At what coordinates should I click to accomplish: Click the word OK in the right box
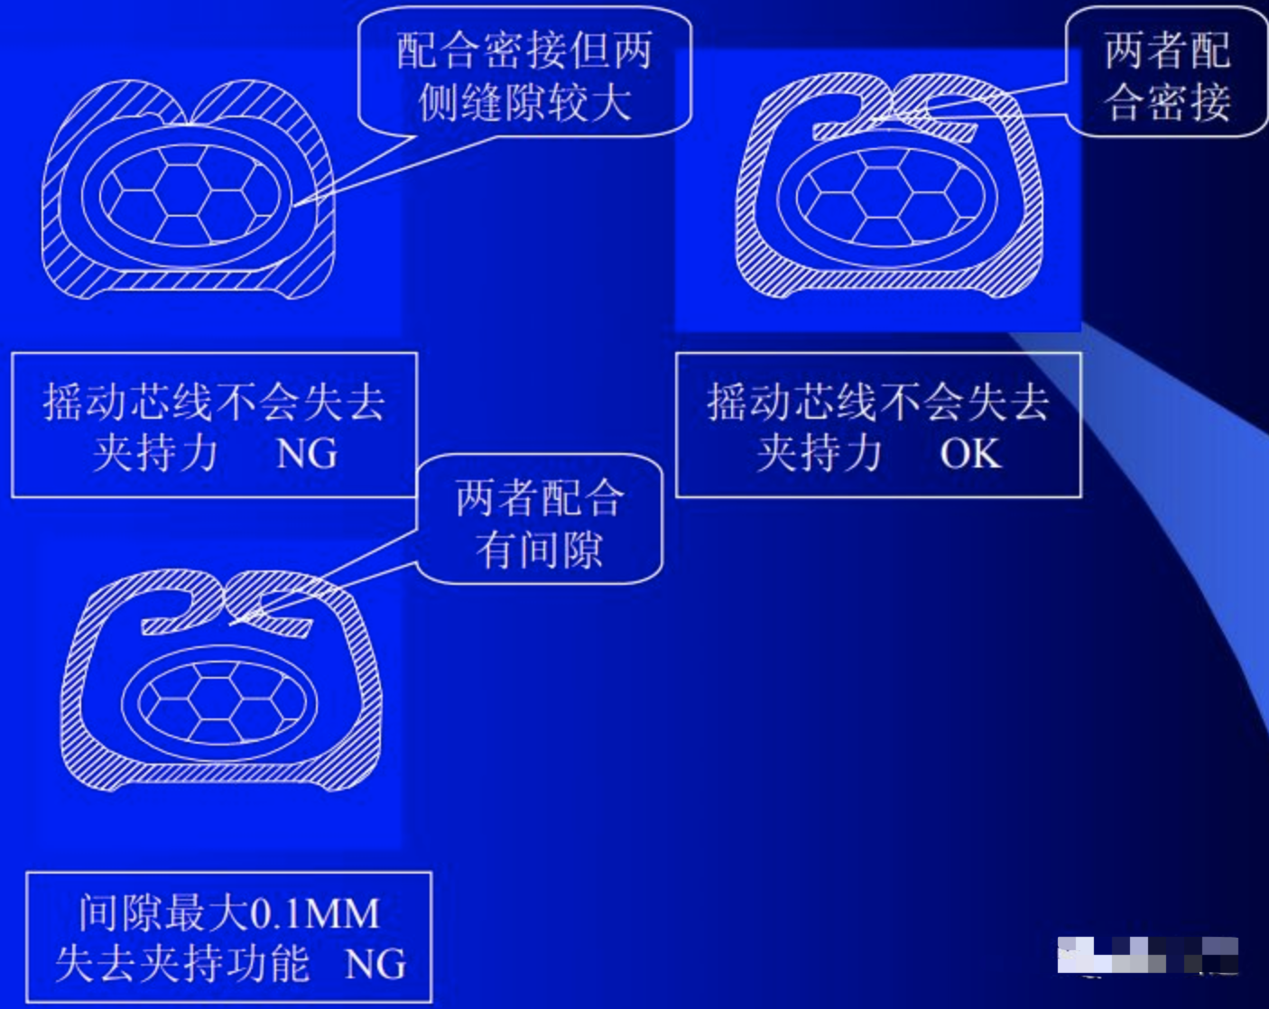point(970,453)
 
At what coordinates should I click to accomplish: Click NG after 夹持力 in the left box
point(307,453)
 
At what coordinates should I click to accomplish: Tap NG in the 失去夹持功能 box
point(375,964)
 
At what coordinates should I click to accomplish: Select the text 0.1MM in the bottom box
point(315,913)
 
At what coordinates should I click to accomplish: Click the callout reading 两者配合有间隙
point(540,519)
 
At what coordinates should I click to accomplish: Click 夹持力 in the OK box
point(820,453)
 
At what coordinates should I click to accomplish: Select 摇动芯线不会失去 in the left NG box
point(214,403)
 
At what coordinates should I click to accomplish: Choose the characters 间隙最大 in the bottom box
point(162,913)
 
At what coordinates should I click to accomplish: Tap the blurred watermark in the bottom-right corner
point(1147,956)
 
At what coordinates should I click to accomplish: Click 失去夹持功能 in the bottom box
point(182,964)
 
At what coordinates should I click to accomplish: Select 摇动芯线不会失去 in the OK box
point(878,403)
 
